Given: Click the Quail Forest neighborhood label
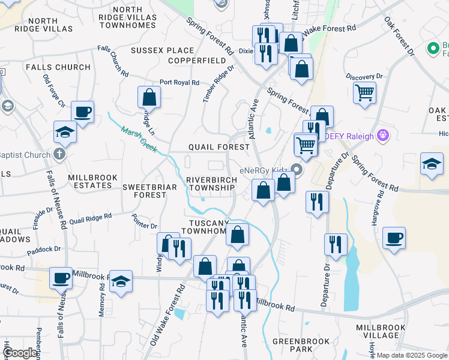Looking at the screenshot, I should point(218,147).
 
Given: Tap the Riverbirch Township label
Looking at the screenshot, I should point(210,184).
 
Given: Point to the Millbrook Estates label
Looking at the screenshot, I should point(89,181).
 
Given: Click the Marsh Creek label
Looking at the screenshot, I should point(139,137).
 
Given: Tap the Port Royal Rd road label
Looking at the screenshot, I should point(179,83).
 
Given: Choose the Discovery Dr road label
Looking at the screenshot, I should point(364,77).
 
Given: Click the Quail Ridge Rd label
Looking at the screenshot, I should point(91,219).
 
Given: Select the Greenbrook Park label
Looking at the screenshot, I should point(292,344).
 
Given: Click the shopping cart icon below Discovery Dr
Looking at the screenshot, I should point(364,93).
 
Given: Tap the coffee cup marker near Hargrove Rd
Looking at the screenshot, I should point(394,238).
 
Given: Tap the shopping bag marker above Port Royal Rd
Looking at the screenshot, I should point(149,97).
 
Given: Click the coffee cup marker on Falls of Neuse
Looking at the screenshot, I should point(61,278).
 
